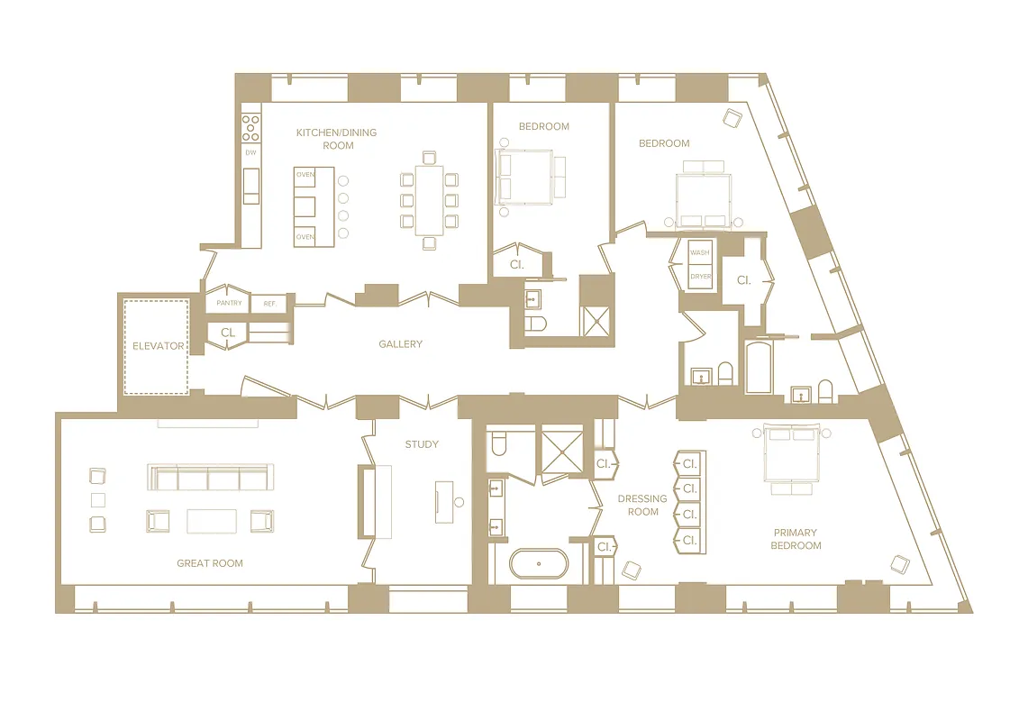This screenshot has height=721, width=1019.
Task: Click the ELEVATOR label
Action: [158, 345]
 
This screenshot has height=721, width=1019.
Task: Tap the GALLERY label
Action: [400, 344]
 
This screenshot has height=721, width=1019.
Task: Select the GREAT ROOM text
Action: [209, 563]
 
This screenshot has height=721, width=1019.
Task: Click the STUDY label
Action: [422, 444]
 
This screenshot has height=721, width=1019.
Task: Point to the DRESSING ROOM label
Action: [642, 505]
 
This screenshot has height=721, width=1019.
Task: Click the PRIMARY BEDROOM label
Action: [796, 539]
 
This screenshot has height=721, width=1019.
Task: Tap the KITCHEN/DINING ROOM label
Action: [337, 139]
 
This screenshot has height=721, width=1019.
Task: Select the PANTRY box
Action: [229, 304]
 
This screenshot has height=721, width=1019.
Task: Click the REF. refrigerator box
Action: [268, 304]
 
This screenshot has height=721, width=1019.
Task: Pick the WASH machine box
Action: [700, 253]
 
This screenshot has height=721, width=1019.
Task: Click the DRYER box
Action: [700, 277]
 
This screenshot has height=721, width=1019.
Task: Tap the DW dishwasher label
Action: [250, 152]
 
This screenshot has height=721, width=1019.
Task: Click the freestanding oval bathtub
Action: [539, 564]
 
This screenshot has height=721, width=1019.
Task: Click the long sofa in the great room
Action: [209, 477]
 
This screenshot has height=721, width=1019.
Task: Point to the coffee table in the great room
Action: [212, 521]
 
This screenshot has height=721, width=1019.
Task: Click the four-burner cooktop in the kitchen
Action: [251, 128]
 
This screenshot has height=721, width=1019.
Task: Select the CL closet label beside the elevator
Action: [228, 333]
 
